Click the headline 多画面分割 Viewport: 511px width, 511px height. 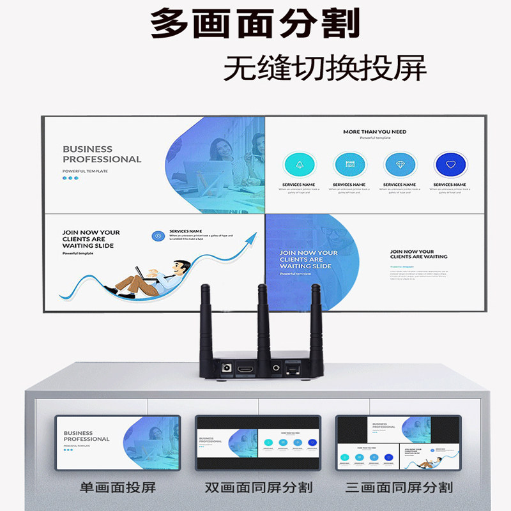click(255, 24)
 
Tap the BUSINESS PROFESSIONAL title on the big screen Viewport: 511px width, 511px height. click(102, 154)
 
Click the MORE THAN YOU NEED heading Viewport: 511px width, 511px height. click(374, 132)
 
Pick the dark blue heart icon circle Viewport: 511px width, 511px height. click(450, 165)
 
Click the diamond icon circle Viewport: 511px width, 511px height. click(400, 165)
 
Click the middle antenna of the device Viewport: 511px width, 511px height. click(263, 323)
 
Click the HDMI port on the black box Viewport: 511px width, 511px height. click(245, 369)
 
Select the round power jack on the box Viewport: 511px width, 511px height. click(224, 369)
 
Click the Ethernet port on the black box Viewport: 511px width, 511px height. click(293, 369)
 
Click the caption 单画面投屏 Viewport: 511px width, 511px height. click(118, 488)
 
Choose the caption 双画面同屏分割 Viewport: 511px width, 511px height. click(259, 488)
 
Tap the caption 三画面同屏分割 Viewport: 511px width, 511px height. click(399, 488)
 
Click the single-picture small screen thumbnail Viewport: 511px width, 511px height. click(118, 443)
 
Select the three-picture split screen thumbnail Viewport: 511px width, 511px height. click(399, 443)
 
